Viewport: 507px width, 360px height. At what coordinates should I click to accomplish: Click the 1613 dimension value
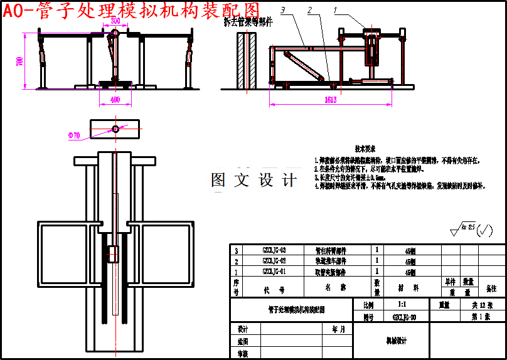coord(330,100)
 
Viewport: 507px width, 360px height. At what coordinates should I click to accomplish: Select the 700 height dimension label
coord(19,61)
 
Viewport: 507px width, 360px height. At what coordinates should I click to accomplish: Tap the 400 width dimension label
coord(115,100)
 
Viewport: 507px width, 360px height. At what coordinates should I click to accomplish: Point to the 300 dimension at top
coord(115,21)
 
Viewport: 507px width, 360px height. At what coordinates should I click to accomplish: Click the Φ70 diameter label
coord(73,135)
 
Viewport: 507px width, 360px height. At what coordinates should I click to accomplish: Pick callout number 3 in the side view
coord(283,11)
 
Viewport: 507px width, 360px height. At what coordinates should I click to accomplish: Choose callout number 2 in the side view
coord(309,11)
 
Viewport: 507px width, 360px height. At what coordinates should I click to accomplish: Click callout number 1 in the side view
coord(335,11)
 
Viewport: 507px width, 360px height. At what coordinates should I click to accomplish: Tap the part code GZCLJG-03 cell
coord(274,250)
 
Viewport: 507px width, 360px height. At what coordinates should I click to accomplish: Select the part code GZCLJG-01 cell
coord(274,272)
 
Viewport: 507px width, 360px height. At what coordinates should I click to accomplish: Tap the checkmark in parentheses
coord(484,231)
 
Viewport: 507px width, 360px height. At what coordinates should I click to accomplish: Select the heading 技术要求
coord(365,149)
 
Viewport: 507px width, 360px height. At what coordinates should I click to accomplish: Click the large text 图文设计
coord(254,181)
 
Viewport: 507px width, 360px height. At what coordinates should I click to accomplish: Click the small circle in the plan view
coord(115,129)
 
